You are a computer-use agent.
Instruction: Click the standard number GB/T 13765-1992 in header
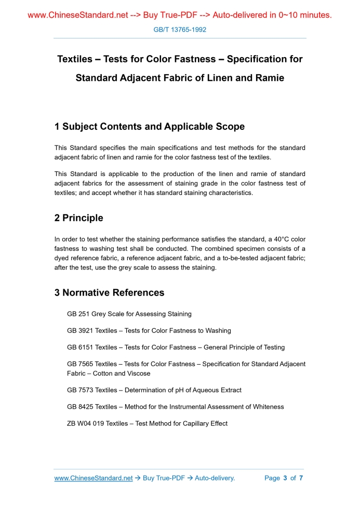180,30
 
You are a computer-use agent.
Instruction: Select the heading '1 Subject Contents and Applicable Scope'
149,127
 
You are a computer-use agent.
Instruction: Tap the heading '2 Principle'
78,218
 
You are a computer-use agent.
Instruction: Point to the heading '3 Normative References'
109,293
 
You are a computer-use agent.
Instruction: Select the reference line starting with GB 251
129,314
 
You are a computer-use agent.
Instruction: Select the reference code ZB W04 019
86,423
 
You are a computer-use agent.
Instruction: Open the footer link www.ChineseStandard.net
94,478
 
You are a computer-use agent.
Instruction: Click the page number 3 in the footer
285,478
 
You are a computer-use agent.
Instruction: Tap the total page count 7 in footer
301,478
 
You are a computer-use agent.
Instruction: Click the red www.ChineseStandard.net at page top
78,15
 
